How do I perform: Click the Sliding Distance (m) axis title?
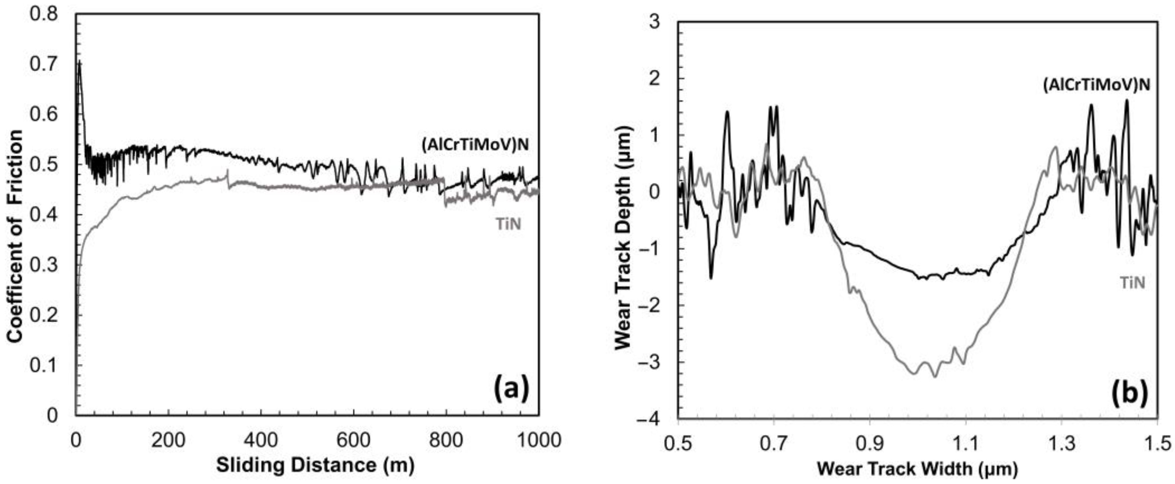(x=315, y=466)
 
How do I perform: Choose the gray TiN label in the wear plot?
(x=1132, y=283)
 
